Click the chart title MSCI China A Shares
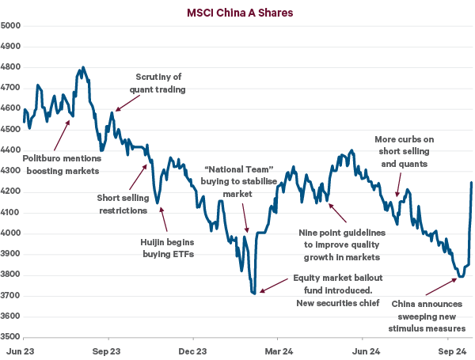(x=237, y=12)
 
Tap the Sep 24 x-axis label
(x=451, y=349)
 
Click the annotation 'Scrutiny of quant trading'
(x=158, y=83)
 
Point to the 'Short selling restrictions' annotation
(x=123, y=204)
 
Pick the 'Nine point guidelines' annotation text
(x=341, y=244)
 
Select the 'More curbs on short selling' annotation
(x=405, y=152)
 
